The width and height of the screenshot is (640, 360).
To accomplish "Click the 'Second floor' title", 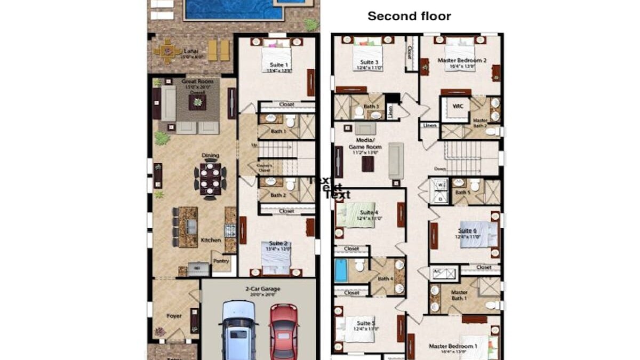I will [x=409, y=16].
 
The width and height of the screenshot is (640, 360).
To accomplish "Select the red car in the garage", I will [x=283, y=331].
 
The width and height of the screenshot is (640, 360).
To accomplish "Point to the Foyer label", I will [x=174, y=316].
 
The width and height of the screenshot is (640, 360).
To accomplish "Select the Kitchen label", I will [x=211, y=240].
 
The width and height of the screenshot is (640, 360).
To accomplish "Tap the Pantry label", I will [x=221, y=261].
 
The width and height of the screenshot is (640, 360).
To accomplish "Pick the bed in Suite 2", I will [x=276, y=255].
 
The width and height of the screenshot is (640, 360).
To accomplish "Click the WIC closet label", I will [x=457, y=106].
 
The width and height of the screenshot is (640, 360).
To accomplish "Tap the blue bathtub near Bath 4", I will [x=341, y=270].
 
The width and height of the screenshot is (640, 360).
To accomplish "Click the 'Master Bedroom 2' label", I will [x=462, y=60].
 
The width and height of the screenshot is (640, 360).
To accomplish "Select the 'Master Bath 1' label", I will [x=459, y=295].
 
